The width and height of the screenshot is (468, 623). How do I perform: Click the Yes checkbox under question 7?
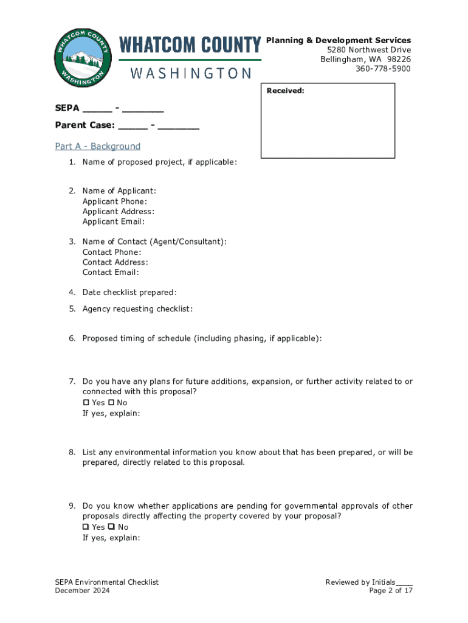86,403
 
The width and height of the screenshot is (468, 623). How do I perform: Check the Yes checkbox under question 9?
86,527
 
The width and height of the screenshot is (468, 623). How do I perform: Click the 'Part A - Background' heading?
97,146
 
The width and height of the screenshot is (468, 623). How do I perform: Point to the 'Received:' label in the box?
285,91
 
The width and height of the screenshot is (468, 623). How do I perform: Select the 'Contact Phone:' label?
112,252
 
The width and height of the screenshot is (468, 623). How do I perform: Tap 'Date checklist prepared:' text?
129,293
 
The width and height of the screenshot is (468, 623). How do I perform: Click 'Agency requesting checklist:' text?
137,309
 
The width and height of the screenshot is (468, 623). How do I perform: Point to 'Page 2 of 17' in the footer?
391,591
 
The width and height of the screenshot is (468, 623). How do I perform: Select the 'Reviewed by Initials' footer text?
360,582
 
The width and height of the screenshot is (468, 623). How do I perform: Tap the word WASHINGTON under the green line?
190,74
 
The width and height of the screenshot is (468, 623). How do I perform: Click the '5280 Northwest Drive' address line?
368,49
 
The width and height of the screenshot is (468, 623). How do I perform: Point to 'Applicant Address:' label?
118,212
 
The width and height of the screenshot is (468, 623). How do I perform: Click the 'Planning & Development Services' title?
339,40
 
